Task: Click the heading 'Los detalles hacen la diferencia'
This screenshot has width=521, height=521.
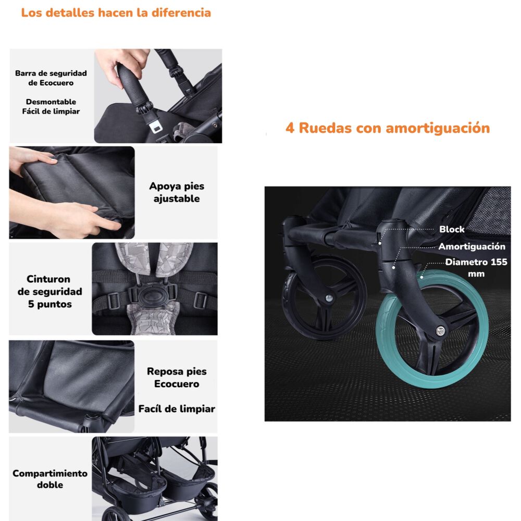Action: [x=116, y=13]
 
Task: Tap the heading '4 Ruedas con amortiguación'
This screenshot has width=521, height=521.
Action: [x=387, y=128]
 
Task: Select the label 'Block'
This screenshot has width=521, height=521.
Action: [x=451, y=229]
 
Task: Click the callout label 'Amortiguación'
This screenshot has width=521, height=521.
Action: [x=472, y=246]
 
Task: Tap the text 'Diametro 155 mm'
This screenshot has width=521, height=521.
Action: [x=475, y=267]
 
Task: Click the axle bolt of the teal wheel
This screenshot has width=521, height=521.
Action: [x=441, y=330]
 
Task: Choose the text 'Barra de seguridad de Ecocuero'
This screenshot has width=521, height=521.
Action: [x=51, y=78]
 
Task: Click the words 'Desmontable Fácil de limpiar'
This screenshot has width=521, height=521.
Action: [x=51, y=106]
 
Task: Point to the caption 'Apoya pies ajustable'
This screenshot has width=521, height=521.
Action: [x=177, y=192]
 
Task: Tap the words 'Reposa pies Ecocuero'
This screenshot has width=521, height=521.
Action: [x=177, y=378]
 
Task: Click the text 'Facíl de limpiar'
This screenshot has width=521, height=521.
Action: [x=177, y=409]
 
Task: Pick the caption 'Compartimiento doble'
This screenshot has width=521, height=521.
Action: [x=50, y=479]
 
